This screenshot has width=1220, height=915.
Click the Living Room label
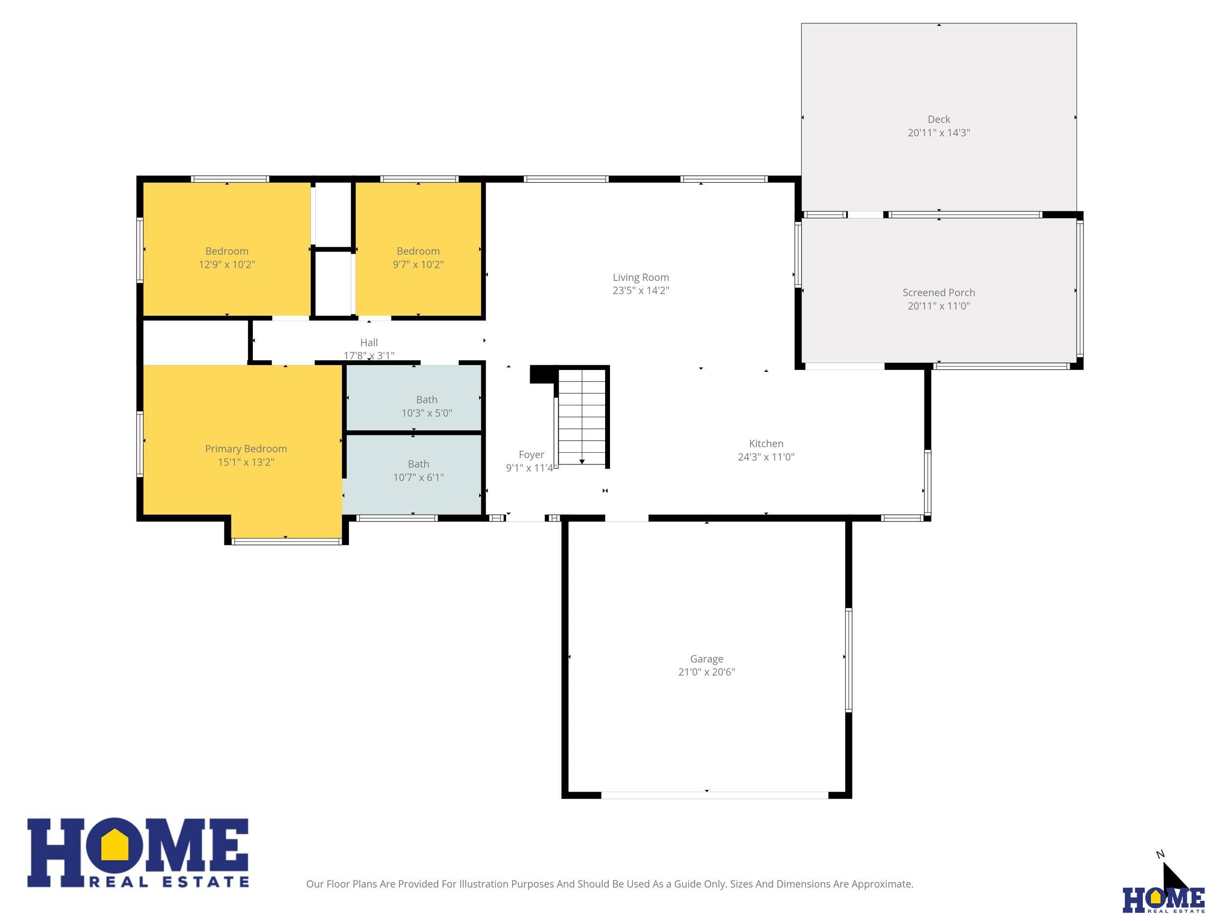(x=640, y=277)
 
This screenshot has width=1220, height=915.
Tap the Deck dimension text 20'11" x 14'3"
(x=939, y=133)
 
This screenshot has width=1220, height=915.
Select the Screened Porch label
(x=939, y=293)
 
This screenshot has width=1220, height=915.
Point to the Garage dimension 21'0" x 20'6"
(x=707, y=672)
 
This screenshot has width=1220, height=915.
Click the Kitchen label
(x=766, y=444)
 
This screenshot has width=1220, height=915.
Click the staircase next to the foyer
(x=582, y=417)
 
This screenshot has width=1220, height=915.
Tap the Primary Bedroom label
(x=246, y=449)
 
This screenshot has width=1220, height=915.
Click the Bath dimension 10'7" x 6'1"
(x=419, y=478)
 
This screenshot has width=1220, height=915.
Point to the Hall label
(x=369, y=343)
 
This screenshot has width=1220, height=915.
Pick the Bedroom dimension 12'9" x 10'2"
(x=227, y=264)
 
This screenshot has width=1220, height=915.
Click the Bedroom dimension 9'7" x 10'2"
(x=418, y=264)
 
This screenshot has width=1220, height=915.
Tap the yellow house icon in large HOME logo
(x=115, y=850)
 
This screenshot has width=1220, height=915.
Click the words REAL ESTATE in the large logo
(x=169, y=882)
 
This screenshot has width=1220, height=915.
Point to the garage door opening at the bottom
(x=715, y=795)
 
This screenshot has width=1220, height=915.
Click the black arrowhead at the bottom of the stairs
(x=582, y=462)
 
